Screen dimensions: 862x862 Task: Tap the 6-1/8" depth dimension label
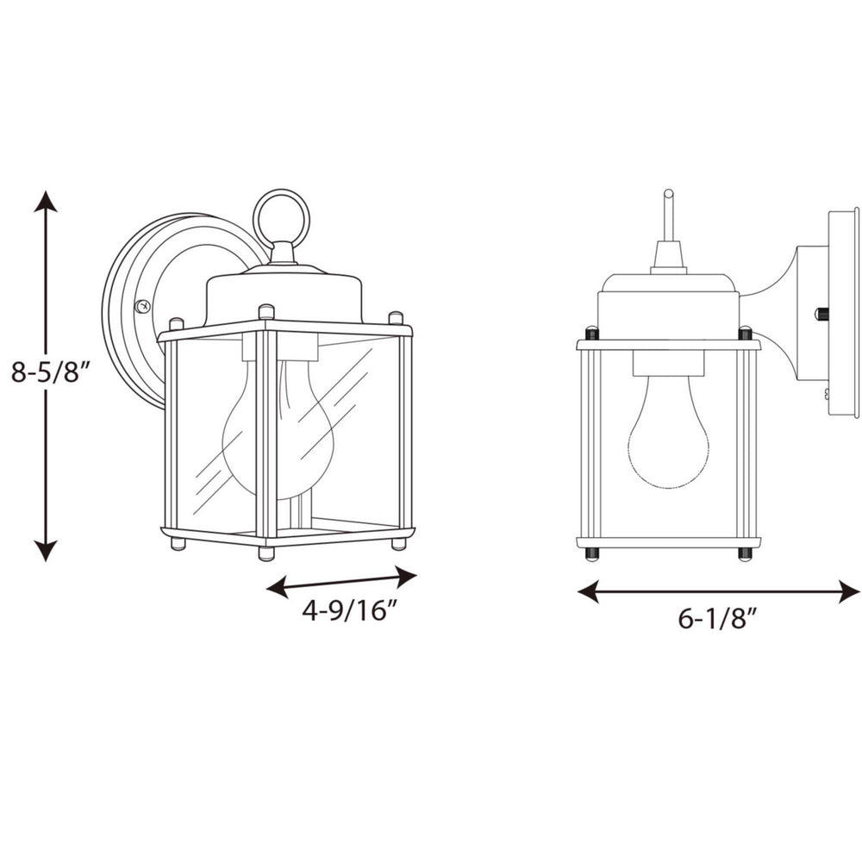717,619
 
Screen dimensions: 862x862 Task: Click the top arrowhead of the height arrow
46,203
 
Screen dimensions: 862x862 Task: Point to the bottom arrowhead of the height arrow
46,548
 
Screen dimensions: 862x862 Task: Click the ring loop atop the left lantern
281,218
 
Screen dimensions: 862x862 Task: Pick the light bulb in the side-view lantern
668,440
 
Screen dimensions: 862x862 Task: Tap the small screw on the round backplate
144,305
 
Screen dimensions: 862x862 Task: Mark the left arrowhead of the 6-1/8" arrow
588,591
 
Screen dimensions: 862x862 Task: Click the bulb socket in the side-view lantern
668,363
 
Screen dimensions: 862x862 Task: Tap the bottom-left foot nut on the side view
591,553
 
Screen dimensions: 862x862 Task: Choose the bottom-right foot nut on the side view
745,553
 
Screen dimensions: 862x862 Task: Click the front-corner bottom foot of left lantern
266,553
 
